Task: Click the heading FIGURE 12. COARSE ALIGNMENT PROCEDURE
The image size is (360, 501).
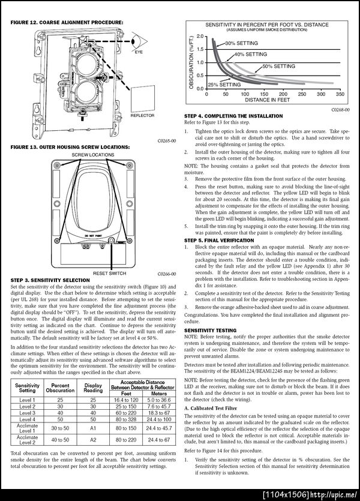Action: point(67,22)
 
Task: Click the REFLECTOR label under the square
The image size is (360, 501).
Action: point(142,115)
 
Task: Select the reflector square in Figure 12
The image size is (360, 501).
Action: point(142,97)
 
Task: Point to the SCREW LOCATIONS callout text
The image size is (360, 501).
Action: point(93,154)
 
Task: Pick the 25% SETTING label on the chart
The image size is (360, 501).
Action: point(224,85)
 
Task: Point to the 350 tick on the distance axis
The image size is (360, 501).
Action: point(339,94)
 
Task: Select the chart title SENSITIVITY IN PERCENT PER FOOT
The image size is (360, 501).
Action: point(267,24)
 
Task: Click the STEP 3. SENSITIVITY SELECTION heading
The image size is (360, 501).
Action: point(50,280)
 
